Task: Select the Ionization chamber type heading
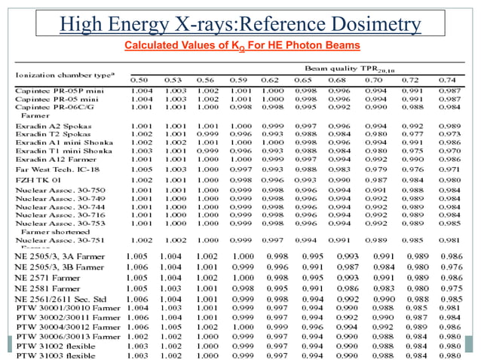coord(57,75)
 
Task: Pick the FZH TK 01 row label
coord(37,182)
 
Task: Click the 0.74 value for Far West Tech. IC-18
coord(446,169)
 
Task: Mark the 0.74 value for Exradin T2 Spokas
coord(446,133)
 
